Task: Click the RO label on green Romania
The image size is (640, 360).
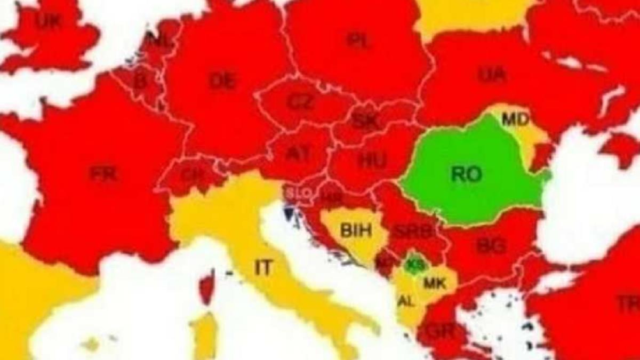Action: point(466,174)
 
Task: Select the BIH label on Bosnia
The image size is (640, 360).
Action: point(356,231)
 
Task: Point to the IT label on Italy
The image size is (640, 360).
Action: point(263,268)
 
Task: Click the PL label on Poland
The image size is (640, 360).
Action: point(358,41)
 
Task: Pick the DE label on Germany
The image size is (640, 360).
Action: point(222,81)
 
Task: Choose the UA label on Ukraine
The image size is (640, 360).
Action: point(492,75)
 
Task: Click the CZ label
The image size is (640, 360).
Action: point(300,102)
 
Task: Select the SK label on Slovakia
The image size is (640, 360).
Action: point(365,122)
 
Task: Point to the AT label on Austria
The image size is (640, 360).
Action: point(298,154)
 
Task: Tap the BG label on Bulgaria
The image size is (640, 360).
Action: point(491,246)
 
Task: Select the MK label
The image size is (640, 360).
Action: point(434,283)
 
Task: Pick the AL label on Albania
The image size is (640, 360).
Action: point(405,301)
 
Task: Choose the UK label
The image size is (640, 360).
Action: point(49,21)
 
